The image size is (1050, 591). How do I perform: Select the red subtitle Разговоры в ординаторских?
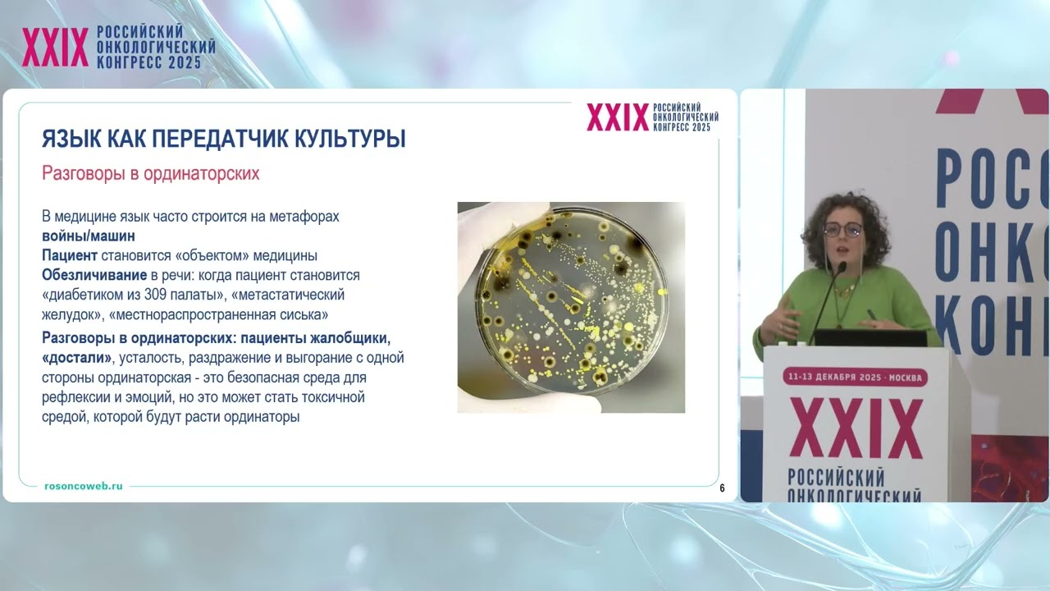[150, 174]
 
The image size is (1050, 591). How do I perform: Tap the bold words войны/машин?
[89, 236]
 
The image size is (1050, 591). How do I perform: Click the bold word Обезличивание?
[94, 274]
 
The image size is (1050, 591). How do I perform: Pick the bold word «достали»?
[77, 358]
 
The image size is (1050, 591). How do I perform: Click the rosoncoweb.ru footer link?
[84, 486]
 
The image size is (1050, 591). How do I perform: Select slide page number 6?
[722, 488]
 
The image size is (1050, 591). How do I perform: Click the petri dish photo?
[571, 307]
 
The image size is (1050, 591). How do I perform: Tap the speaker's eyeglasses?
[842, 231]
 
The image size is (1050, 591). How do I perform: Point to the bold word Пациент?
[70, 255]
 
